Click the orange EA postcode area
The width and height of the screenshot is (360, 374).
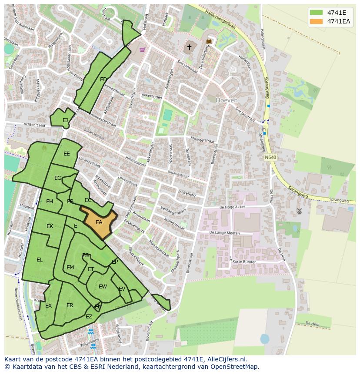pos(99,222)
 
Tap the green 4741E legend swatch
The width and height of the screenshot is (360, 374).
pos(317,13)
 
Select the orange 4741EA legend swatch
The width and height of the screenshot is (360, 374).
pos(317,21)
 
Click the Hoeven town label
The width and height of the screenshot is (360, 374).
pos(227,100)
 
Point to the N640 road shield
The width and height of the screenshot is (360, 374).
pos(270,157)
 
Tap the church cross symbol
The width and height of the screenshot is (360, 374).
pos(189,46)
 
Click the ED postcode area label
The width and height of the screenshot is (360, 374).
pos(103,79)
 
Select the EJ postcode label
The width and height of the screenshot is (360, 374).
pos(65,120)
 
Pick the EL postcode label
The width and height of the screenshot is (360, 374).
pos(40,260)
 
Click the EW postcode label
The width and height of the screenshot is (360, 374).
pos(103,287)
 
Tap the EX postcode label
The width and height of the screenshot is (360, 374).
pos(48,306)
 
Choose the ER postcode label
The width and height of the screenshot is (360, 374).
pos(70,305)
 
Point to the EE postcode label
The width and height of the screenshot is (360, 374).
pos(67,154)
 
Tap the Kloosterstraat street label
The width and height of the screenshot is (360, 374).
pos(203,140)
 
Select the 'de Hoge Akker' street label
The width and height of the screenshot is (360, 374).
pos(233,207)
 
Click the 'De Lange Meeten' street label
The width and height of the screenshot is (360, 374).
pos(224,233)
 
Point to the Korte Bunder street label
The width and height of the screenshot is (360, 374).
pos(244,261)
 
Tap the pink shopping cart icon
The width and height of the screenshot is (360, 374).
pos(142,50)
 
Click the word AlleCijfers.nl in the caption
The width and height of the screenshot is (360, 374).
pos(226,359)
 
